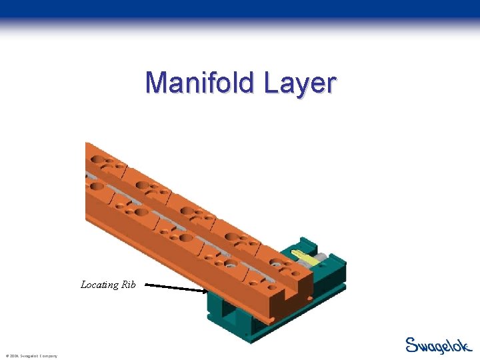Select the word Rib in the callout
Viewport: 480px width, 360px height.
tap(128, 285)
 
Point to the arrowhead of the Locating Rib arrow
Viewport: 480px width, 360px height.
tap(205, 290)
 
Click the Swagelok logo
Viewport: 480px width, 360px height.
tap(438, 345)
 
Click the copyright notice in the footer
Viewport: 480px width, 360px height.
tap(31, 356)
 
